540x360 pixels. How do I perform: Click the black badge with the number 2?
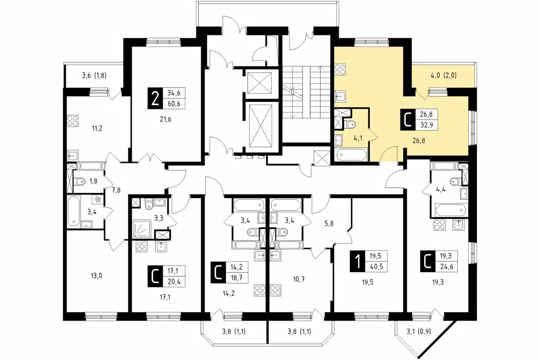click(x=156, y=98)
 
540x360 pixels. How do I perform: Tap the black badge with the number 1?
click(x=358, y=262)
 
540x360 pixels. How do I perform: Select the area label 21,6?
click(x=165, y=120)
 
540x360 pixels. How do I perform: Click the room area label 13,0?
click(x=96, y=276)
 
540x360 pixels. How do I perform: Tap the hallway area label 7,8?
click(x=116, y=190)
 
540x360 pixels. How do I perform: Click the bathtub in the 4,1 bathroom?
click(x=350, y=155)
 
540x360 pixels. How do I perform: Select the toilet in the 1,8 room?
click(x=80, y=181)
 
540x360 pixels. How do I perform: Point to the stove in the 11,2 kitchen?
click(x=73, y=120)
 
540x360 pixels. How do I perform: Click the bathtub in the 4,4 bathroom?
click(x=451, y=209)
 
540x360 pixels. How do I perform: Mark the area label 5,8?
click(x=329, y=223)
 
